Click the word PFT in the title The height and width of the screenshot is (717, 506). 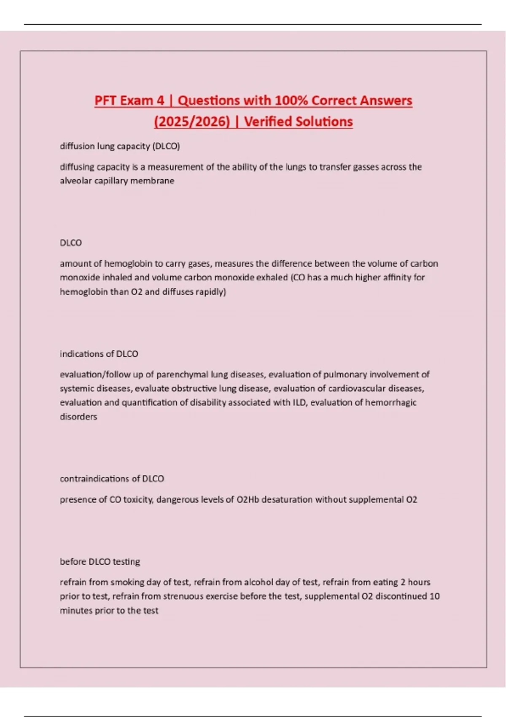coord(107,100)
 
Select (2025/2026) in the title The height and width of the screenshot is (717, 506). coord(192,121)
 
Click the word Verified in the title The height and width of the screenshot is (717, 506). coord(268,121)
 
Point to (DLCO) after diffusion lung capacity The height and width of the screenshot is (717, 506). coord(166,146)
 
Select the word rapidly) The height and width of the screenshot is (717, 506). coord(210,291)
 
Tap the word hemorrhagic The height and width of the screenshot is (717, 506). coord(390,402)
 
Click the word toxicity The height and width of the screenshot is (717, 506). coord(138,499)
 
